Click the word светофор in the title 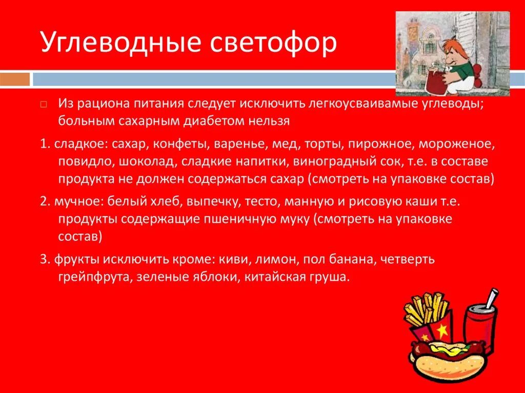pos(274,44)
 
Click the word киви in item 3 pos(232,259)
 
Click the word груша pos(331,278)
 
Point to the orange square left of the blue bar pos(15,79)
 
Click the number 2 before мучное pos(43,201)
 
